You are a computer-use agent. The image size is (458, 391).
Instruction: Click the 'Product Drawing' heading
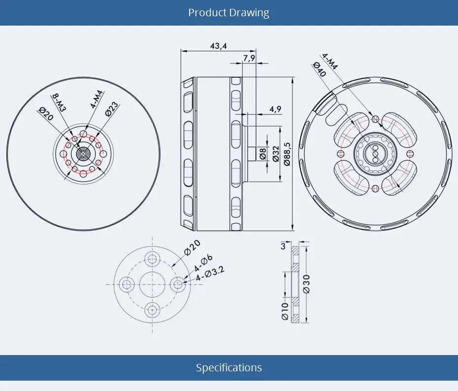[x=229, y=12]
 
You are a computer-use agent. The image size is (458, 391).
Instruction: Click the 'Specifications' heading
[x=229, y=367]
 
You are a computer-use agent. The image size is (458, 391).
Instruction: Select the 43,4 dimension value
[x=218, y=46]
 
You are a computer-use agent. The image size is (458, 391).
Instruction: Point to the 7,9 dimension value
[x=249, y=58]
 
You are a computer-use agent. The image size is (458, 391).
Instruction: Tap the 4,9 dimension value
[x=275, y=109]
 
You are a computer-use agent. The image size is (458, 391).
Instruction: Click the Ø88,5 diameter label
[x=288, y=154]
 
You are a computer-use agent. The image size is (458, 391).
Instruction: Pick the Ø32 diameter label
[x=276, y=154]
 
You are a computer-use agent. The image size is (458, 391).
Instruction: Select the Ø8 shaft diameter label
[x=263, y=154]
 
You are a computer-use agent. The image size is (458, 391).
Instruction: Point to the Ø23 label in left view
[x=111, y=109]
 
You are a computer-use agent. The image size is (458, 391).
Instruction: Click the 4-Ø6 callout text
[x=203, y=263]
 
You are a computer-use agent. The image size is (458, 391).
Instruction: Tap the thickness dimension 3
[x=283, y=247]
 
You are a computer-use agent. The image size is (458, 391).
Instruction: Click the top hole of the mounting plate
[x=152, y=259]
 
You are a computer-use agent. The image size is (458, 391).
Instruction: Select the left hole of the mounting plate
[x=128, y=284]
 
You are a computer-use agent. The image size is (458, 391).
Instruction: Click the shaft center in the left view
[x=83, y=154]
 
